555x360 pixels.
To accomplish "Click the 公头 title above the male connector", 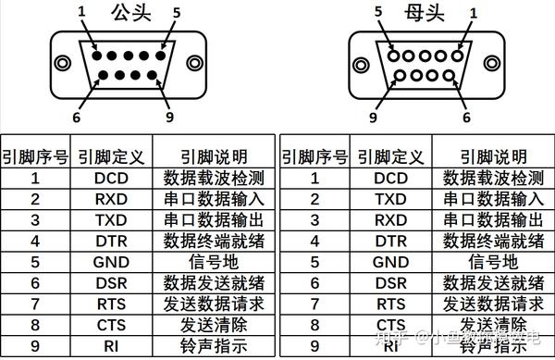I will point(129,13).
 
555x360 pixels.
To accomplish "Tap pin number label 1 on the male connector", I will point(81,11).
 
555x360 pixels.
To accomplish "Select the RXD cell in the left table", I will point(110,198).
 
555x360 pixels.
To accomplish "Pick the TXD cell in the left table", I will point(110,219).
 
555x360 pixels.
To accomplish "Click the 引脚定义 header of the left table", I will point(110,156).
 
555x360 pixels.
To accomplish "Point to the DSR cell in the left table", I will point(110,283).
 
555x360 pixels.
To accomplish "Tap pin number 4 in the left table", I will point(34,241).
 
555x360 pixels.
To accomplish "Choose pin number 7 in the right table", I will point(313,304).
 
